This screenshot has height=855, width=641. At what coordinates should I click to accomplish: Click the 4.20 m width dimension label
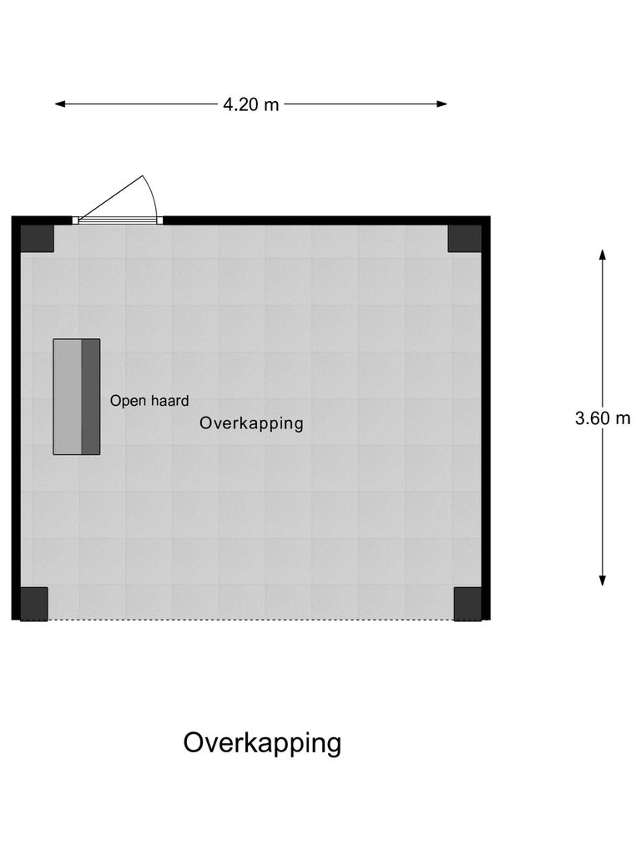(x=251, y=105)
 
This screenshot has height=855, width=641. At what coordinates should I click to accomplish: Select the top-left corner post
(x=38, y=238)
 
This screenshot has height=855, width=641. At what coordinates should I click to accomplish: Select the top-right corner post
(x=464, y=238)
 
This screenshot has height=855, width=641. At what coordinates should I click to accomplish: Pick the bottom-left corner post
(x=34, y=603)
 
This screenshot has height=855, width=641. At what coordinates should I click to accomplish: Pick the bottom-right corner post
(x=467, y=603)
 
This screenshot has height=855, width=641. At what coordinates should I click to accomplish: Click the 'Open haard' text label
(x=149, y=401)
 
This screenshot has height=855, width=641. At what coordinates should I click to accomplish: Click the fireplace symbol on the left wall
(x=77, y=397)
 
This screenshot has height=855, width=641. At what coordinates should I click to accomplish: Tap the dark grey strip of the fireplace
(x=90, y=397)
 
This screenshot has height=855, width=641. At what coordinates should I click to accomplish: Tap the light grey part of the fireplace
(x=67, y=397)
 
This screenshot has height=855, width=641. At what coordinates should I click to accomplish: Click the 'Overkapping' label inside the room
(x=251, y=423)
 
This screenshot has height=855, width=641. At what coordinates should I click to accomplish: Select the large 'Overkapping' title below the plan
(x=262, y=742)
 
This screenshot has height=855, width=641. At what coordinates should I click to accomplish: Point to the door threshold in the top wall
(x=117, y=220)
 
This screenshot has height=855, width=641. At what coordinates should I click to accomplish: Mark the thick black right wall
(x=486, y=417)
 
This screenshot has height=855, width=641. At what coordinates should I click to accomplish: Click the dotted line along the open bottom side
(x=250, y=620)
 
